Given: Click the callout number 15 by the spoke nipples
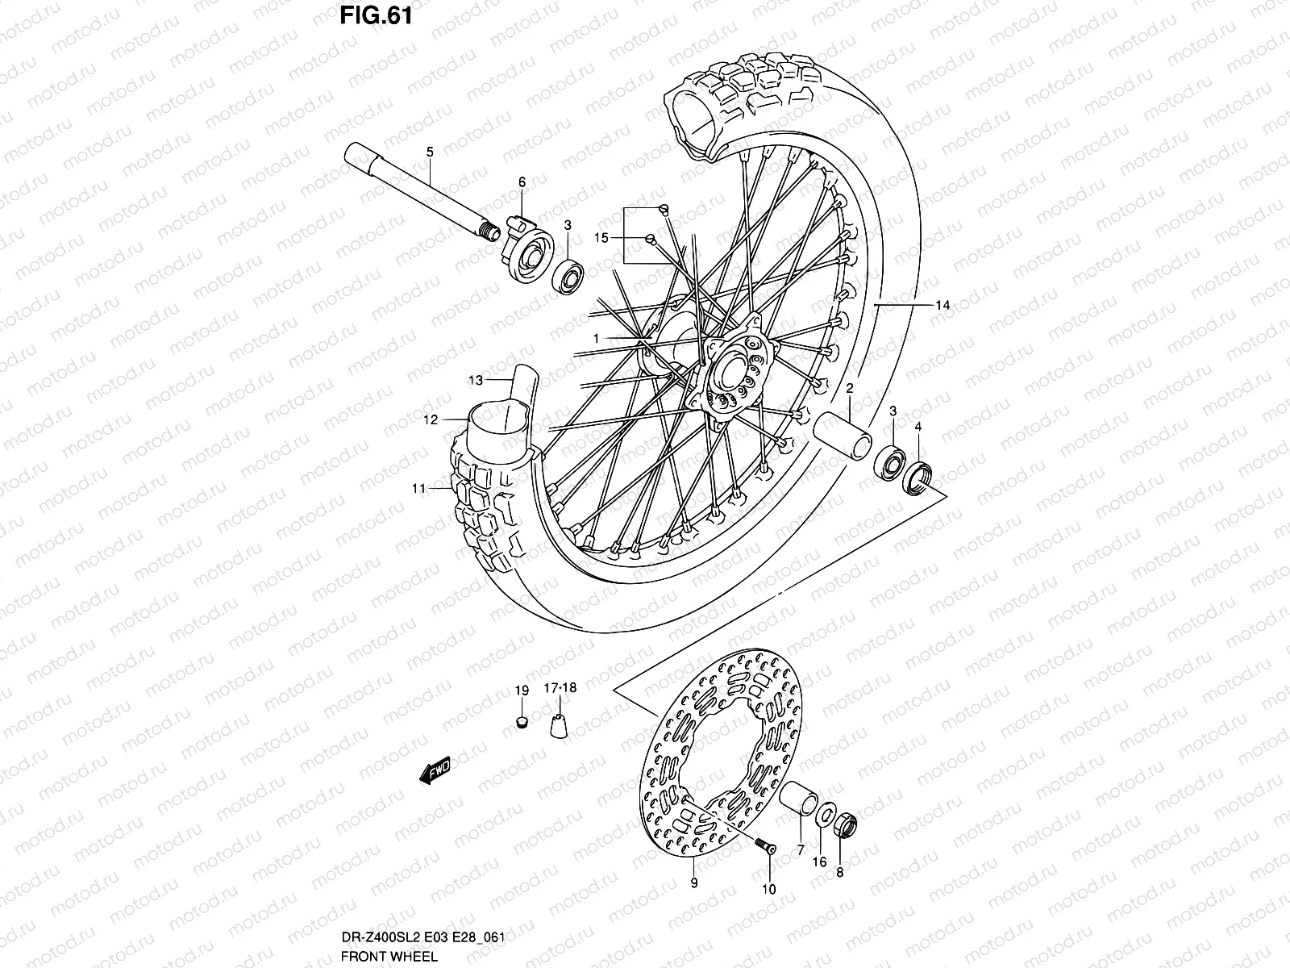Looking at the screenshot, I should tap(601, 238).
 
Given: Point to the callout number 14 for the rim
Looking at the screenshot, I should tap(943, 305).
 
